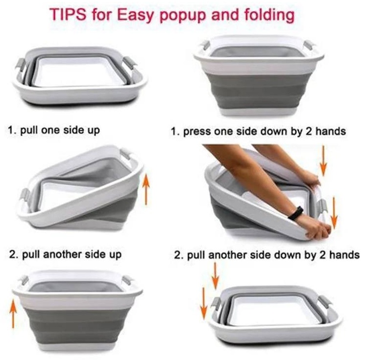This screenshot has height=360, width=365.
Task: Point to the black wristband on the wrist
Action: point(295,213)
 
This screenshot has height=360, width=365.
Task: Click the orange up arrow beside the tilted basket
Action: point(146,190)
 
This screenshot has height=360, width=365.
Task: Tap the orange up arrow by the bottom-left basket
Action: point(14,313)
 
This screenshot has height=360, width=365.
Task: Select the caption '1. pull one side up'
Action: point(54,130)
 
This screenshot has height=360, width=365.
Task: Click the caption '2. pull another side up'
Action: point(66,254)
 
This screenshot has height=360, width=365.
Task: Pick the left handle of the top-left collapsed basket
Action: point(20,65)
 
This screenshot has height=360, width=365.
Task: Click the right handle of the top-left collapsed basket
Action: point(129,62)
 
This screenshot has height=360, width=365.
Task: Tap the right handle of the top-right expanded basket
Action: point(309,46)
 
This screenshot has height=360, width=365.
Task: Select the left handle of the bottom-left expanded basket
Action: point(24,281)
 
